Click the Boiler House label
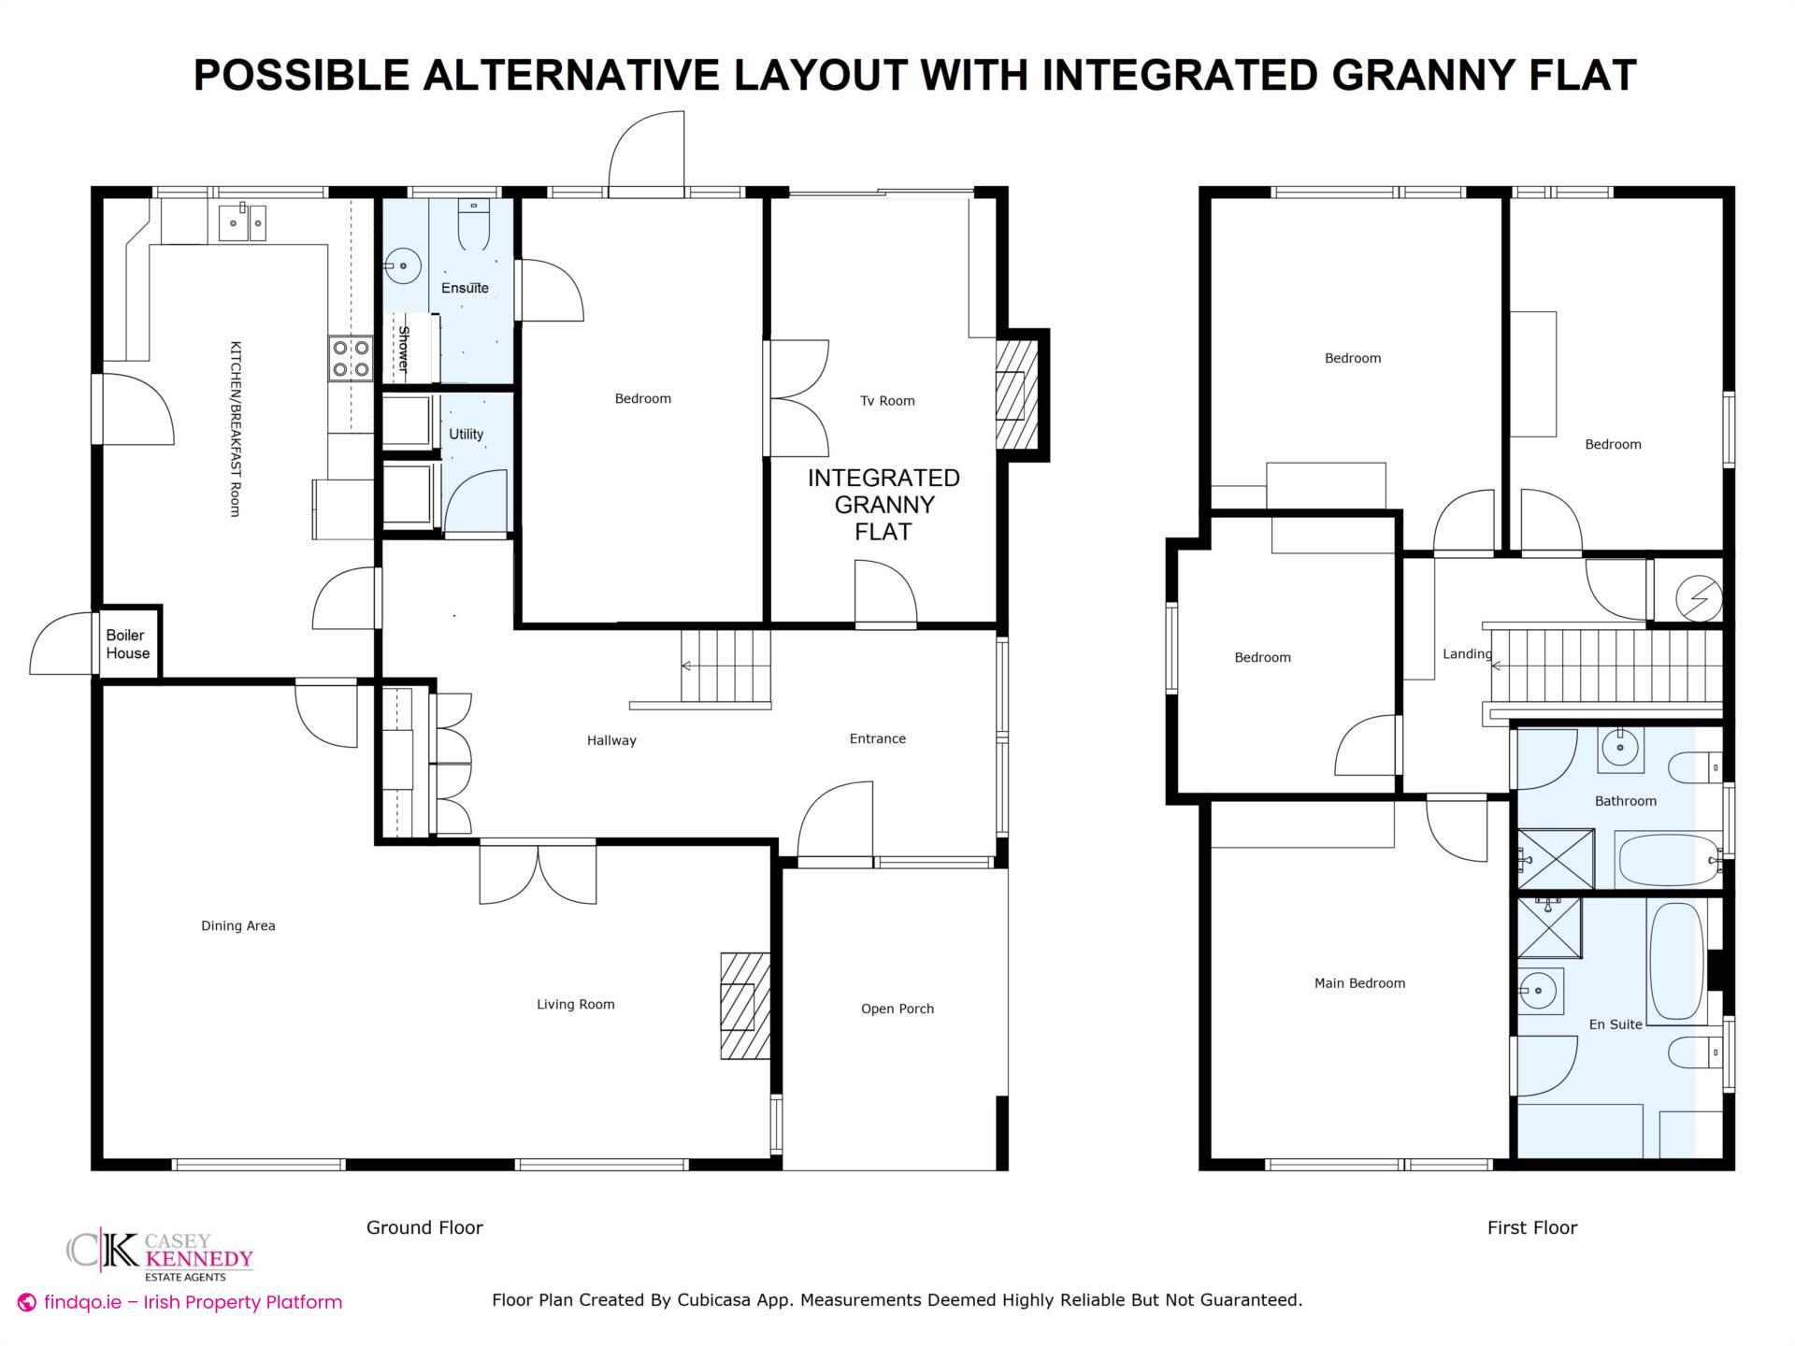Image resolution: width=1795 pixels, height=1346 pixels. point(128,644)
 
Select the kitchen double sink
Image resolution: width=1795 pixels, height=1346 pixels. point(242,222)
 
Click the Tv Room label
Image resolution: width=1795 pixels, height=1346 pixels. point(887,401)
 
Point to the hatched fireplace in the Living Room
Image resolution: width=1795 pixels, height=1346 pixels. point(745,1006)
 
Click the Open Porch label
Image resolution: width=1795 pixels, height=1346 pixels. point(897,1009)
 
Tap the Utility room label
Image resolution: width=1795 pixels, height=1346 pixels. point(466,434)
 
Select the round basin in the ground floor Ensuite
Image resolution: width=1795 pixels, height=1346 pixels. point(403,266)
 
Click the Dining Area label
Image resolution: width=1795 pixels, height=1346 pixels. point(238,926)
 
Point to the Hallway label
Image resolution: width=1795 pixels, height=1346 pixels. point(611,740)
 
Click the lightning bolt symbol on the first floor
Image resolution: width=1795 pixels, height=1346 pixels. point(1698,597)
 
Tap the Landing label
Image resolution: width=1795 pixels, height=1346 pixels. point(1467,654)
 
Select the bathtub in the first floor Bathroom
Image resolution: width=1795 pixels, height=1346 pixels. point(1669,860)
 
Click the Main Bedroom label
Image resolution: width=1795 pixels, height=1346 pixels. point(1359,983)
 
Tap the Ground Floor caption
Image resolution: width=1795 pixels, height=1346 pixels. point(424,1228)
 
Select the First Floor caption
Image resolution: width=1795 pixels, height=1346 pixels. point(1532,1228)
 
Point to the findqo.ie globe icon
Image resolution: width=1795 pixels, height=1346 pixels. point(27,1302)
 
